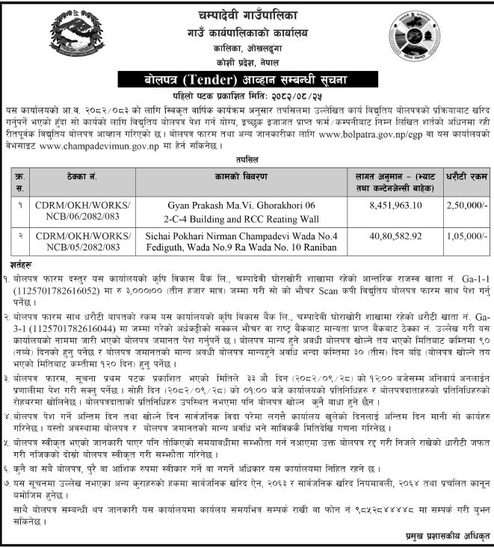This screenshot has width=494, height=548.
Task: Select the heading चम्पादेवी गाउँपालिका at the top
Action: pyautogui.click(x=247, y=13)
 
